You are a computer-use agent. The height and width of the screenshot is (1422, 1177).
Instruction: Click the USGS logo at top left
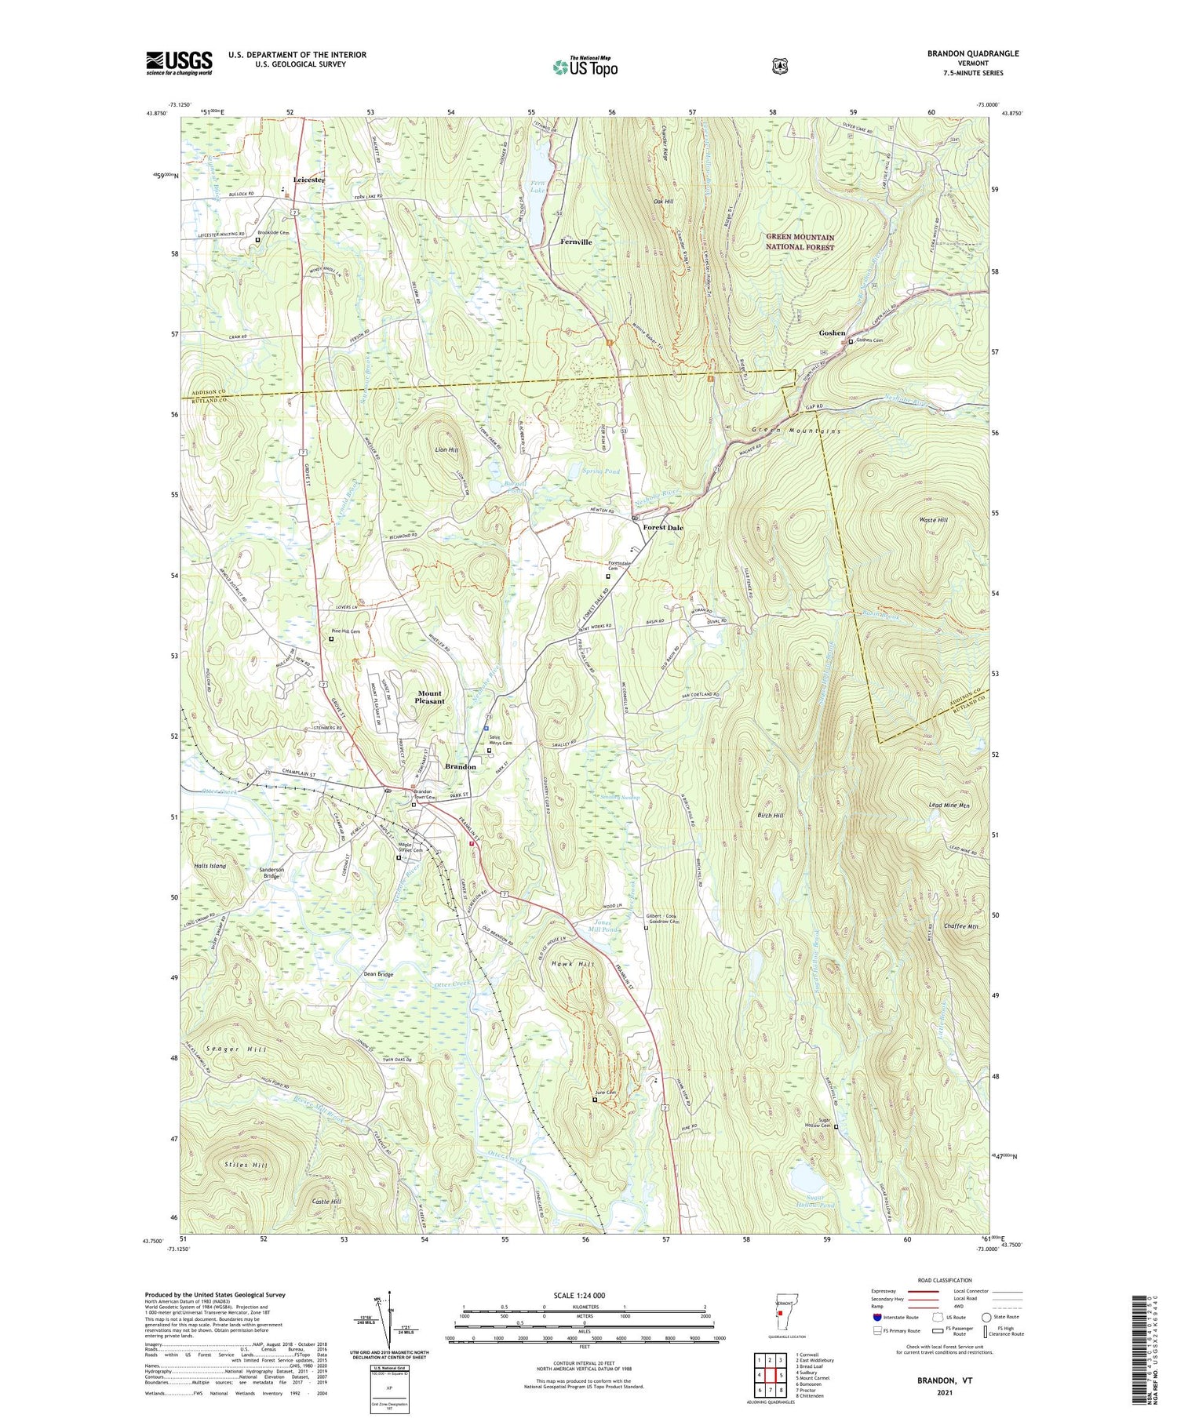(179, 63)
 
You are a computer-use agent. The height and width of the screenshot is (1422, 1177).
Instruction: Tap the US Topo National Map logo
(585, 67)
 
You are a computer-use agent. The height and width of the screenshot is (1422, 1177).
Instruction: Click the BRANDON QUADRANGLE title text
(973, 53)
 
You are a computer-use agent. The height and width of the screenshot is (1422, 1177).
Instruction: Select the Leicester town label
(308, 180)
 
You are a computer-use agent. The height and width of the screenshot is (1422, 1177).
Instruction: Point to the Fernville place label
(576, 242)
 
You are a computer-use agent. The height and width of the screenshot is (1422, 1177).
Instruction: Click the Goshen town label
(832, 333)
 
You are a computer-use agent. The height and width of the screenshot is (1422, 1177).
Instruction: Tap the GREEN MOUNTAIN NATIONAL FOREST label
(800, 242)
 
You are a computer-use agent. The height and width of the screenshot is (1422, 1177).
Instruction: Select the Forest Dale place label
(663, 528)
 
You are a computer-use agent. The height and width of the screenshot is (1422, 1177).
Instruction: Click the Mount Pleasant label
(429, 697)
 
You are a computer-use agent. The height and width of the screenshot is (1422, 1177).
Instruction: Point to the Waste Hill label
(933, 520)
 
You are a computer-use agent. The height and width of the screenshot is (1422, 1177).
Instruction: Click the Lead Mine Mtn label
(949, 806)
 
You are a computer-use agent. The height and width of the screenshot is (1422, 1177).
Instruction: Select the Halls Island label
(210, 866)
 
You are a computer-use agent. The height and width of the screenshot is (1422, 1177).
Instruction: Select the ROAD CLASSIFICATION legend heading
(946, 1278)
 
